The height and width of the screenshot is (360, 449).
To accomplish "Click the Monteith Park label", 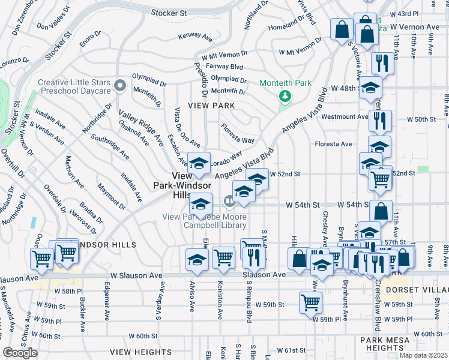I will point(285,82).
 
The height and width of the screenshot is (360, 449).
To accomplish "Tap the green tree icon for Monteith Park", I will point(285,96).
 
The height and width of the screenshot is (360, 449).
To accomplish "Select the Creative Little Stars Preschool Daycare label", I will point(74,86).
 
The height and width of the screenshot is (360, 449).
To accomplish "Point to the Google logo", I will point(20,353).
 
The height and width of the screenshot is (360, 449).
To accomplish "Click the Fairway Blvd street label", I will point(224,67).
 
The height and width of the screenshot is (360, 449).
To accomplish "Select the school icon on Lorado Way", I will point(199,163).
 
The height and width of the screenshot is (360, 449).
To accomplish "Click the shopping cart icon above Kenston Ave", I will point(223,257).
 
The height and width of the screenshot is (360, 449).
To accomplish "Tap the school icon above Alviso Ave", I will point(197,259).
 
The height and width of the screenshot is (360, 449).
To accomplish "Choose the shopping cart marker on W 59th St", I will point(310,302).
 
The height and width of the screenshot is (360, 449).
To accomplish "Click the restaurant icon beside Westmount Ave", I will point(381,120).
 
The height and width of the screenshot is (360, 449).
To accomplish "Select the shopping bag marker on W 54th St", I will point(381,211).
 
